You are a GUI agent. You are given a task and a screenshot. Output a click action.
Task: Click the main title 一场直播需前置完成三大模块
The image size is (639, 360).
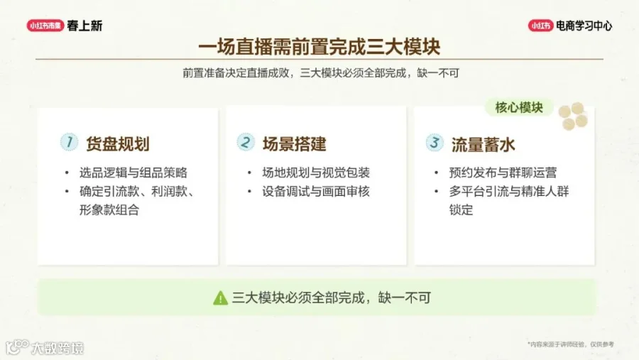(319, 47)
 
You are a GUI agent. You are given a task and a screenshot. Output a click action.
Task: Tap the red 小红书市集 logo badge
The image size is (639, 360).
(45, 26)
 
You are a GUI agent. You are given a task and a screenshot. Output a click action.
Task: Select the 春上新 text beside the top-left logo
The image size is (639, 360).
(84, 26)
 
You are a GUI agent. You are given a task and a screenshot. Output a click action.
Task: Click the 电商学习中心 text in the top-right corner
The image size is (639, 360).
(584, 26)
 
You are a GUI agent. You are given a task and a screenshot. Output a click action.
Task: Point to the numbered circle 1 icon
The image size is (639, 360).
(69, 142)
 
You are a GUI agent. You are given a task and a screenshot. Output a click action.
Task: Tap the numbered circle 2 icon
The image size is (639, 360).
(246, 142)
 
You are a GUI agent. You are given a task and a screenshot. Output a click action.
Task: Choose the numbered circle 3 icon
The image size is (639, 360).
(435, 142)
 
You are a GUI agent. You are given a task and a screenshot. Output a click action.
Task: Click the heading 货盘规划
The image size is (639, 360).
(118, 144)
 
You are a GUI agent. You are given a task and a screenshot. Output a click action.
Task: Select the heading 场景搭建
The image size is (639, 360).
(294, 144)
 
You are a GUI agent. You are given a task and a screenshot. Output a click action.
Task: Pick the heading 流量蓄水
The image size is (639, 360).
(484, 144)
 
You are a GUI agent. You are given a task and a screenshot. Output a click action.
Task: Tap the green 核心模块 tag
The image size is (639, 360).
(519, 108)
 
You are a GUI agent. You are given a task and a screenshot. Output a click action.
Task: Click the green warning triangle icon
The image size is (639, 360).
(221, 298)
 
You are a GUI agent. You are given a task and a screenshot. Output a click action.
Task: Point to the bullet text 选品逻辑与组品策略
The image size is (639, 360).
(133, 173)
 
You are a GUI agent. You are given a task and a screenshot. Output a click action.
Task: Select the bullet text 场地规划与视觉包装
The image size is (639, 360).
(316, 173)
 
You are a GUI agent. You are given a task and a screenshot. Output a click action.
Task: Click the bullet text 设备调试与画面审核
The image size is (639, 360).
(316, 191)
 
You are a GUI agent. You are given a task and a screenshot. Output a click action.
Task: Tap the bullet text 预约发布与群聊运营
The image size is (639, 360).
(503, 173)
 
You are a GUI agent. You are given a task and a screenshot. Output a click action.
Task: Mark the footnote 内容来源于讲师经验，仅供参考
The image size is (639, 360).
(571, 344)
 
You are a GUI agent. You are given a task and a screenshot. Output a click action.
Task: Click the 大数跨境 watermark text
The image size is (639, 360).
(58, 348)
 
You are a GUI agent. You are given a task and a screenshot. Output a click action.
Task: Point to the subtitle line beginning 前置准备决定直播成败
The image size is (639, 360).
(321, 73)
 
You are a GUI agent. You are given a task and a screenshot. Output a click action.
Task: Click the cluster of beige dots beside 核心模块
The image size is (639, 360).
(573, 116)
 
